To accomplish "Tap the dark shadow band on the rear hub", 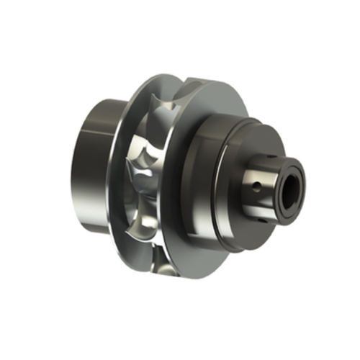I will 108,166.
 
